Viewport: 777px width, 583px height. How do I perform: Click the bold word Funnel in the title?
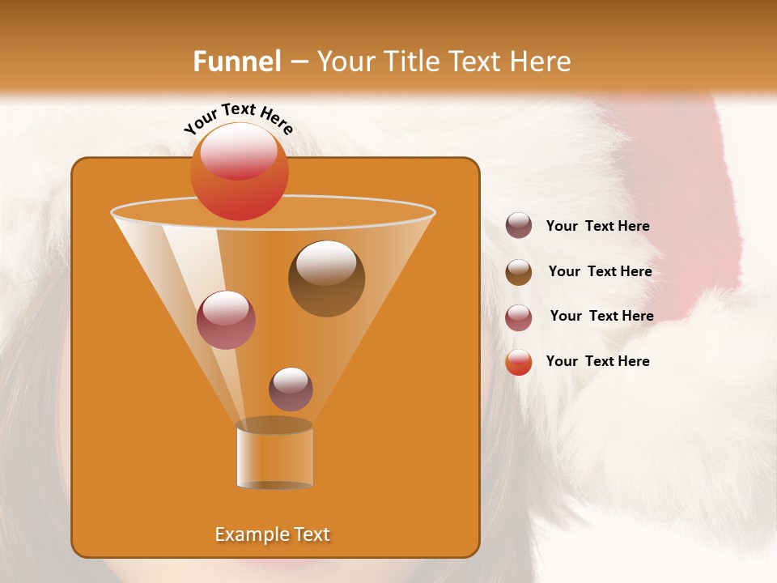coord(236,62)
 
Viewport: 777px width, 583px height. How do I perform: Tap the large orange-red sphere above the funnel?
coord(239,171)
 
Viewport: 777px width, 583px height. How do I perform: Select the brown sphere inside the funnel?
coord(326,279)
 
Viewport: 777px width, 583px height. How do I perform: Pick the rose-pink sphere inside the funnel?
coord(226,320)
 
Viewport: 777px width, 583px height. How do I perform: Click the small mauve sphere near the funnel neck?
coord(291,389)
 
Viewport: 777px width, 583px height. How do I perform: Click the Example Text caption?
coord(272,534)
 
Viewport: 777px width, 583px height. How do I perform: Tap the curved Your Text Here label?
coord(239,119)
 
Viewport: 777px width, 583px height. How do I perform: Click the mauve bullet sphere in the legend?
coord(519,226)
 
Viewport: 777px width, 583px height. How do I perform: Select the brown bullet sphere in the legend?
coord(519,272)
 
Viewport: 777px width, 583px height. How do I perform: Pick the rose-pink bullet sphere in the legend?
coord(519,317)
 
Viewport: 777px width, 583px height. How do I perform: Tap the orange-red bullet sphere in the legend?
coord(519,362)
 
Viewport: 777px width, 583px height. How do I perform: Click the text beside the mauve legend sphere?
coord(597,227)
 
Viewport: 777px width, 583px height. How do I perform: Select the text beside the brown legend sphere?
coord(600,272)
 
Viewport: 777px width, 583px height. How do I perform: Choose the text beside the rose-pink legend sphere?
coord(601,317)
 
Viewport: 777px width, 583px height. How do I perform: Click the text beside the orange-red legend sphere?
coord(597,361)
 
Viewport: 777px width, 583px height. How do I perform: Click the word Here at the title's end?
coord(541,62)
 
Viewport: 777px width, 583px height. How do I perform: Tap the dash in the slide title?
coord(298,62)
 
